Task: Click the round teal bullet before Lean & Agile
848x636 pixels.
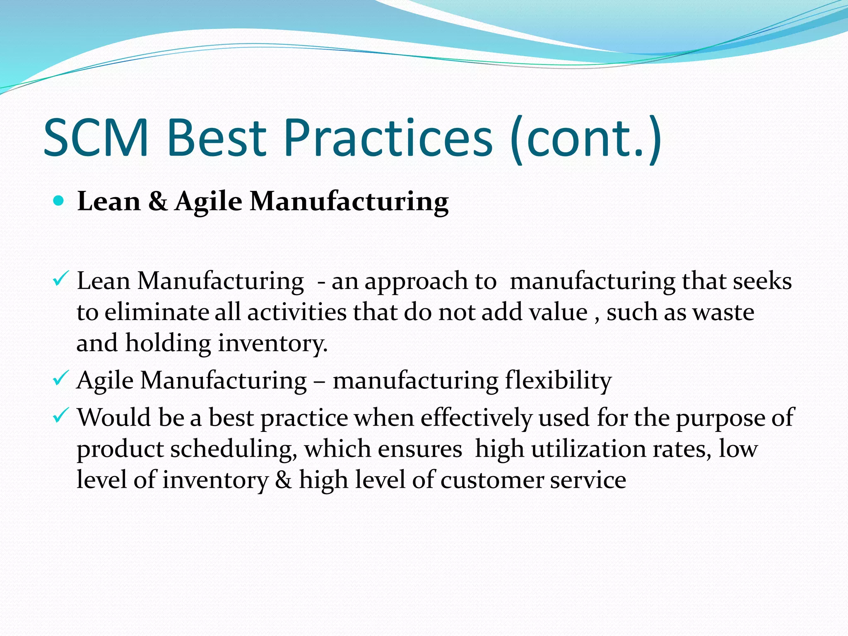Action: tap(59, 201)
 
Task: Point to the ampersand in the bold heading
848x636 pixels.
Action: tap(158, 202)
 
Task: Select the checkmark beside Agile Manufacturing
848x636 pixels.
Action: tap(60, 378)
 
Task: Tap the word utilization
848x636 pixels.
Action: tap(588, 449)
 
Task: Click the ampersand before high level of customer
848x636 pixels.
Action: tap(284, 480)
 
